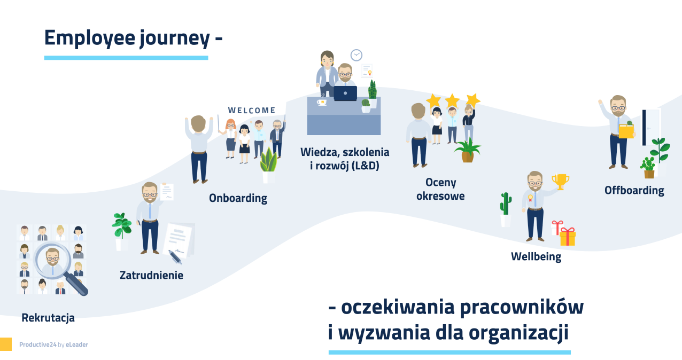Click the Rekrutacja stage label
48,318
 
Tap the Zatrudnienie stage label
151,275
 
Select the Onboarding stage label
238,198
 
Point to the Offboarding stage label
634,190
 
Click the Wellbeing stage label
536,256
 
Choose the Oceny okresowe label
441,189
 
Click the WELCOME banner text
252,111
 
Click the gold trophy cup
560,181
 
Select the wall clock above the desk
356,55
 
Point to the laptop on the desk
345,93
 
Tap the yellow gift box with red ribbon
567,236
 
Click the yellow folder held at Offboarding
626,131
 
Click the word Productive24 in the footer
37,345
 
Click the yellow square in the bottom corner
5,344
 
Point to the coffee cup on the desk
322,101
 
